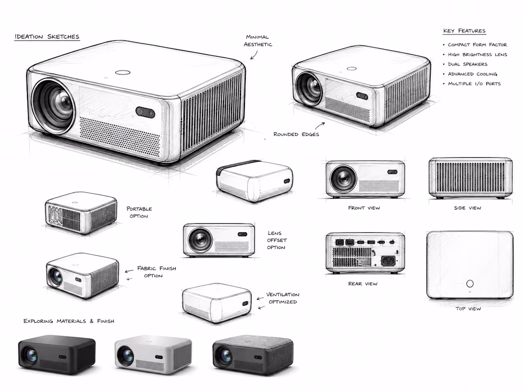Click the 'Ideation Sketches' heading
[47, 36]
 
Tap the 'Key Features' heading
[465, 31]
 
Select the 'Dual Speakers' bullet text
[468, 64]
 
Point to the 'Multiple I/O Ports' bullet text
[475, 84]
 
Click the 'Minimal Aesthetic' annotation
[258, 41]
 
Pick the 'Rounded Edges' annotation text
[296, 134]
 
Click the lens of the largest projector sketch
[53, 105]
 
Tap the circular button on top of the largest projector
[122, 72]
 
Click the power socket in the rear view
[388, 260]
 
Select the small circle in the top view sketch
[470, 284]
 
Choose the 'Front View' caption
[364, 208]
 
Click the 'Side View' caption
[468, 208]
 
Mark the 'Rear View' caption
[363, 284]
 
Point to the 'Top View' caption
[468, 309]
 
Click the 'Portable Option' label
[139, 212]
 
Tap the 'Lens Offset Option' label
[277, 240]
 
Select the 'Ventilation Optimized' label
[283, 298]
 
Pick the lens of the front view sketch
[343, 178]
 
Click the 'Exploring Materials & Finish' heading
[69, 321]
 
